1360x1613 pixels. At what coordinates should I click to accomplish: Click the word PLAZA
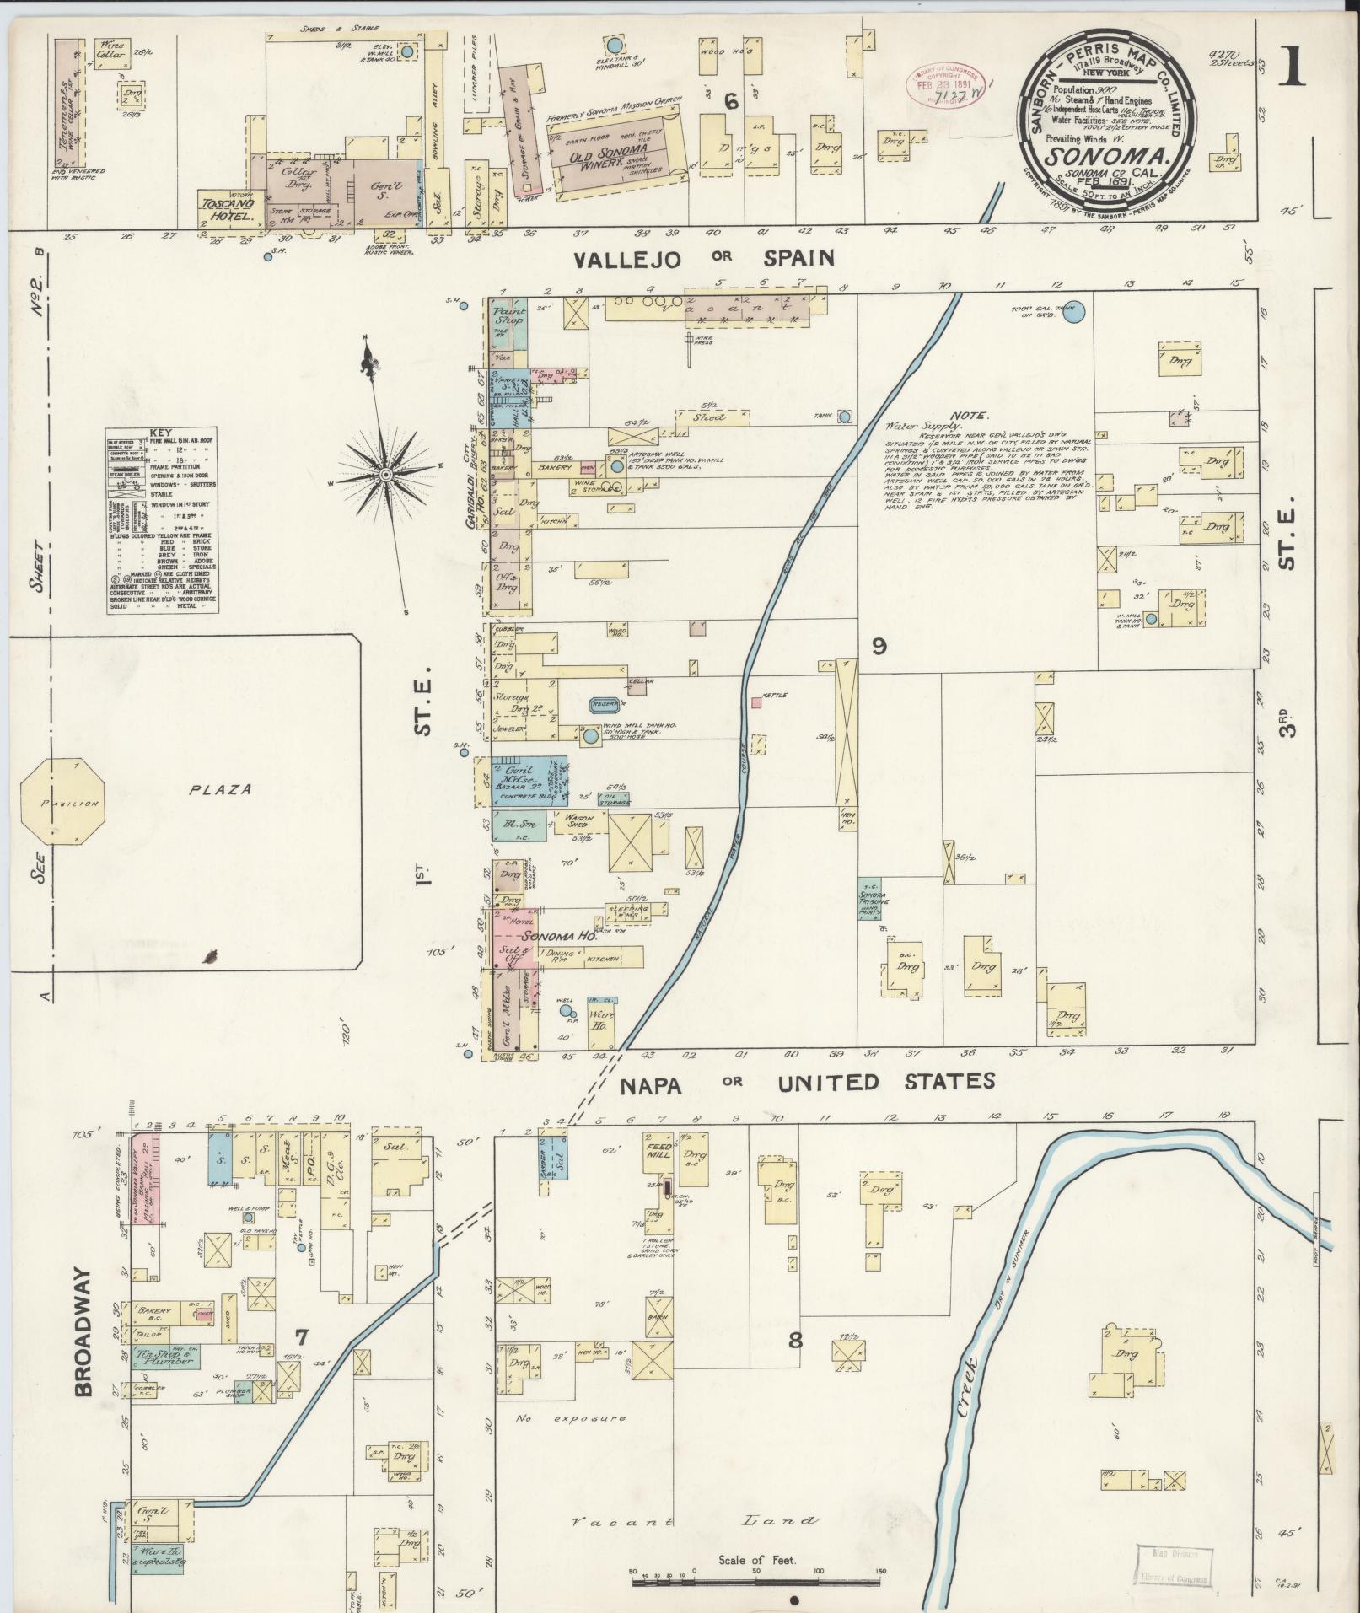tap(220, 790)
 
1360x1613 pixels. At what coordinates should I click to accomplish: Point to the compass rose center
tap(385, 475)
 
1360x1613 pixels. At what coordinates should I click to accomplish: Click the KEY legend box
tap(162, 521)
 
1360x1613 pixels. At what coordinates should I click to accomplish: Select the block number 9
tap(879, 647)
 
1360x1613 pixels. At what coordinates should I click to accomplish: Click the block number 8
tap(795, 1363)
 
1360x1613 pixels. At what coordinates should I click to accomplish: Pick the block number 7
tap(301, 1359)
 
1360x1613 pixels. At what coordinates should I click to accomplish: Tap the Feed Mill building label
tap(658, 1150)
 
